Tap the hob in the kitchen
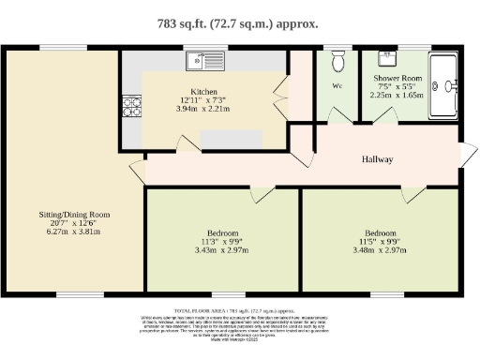[131, 106]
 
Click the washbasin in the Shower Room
[385, 58]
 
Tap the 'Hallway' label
[377, 159]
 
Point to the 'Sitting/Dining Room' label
[73, 214]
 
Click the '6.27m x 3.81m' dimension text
[73, 232]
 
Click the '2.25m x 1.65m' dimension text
[399, 94]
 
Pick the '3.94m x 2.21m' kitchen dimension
[203, 109]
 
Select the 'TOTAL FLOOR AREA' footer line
[240, 308]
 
